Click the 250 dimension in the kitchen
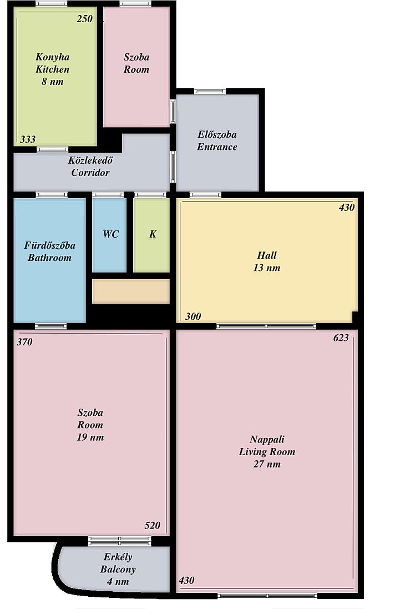click(85, 19)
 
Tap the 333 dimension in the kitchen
click(28, 139)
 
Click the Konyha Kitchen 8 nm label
click(52, 69)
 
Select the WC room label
click(110, 234)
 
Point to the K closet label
click(153, 234)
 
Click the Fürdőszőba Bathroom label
click(50, 251)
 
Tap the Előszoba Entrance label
click(217, 140)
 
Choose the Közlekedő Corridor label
click(90, 166)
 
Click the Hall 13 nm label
click(267, 261)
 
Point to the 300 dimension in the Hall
click(193, 316)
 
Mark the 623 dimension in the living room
click(341, 338)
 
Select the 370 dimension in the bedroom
click(24, 342)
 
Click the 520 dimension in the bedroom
click(152, 526)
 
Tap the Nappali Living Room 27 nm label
click(267, 452)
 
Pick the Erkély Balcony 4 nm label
click(118, 570)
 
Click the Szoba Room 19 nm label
click(90, 425)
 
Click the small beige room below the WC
click(131, 291)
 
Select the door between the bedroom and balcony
click(120, 541)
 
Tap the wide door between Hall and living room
click(266, 326)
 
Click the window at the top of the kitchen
click(51, 3)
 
